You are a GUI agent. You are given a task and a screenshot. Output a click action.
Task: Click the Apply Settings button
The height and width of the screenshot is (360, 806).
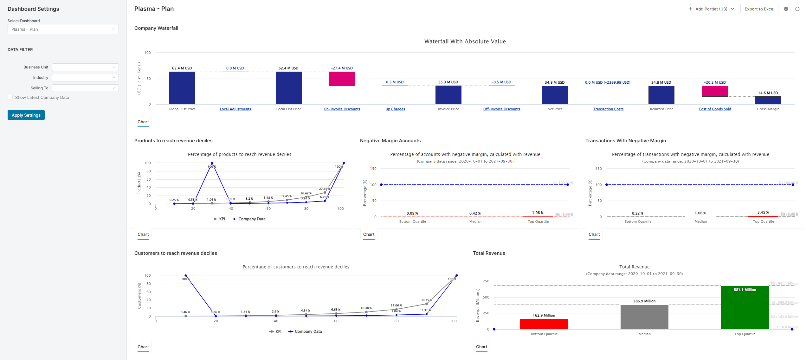coord(26,115)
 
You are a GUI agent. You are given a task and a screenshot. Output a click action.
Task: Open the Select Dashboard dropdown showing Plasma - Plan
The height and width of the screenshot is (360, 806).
coord(63,29)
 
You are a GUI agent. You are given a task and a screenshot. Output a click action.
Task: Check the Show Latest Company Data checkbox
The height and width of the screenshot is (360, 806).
coord(10,98)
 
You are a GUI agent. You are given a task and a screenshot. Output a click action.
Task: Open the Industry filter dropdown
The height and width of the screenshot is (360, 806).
coord(85,78)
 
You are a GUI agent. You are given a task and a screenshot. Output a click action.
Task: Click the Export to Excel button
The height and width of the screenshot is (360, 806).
coord(759,9)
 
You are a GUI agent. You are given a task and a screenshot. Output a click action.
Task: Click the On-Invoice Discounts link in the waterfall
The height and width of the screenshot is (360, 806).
coord(342,109)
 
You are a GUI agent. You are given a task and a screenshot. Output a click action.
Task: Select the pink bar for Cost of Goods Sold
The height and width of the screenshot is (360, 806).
coord(715,91)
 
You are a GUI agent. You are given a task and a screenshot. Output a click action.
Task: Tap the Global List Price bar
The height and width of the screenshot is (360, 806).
coord(182,88)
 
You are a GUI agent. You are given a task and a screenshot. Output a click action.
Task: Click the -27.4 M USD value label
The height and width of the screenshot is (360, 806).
coord(342,68)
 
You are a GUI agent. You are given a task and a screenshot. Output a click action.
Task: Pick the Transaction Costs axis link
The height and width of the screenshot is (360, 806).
coord(608,109)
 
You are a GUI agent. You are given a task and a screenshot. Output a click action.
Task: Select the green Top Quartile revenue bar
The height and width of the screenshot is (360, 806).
coord(745,307)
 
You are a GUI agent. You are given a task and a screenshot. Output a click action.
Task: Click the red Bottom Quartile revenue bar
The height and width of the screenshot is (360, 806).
coord(544,324)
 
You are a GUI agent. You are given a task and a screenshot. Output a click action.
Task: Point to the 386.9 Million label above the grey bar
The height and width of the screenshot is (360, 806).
coord(644,301)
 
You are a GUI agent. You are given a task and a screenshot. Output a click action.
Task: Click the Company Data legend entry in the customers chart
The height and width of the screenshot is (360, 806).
coord(305,331)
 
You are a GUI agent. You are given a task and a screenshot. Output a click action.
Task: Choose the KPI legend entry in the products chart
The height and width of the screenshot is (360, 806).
coord(219,219)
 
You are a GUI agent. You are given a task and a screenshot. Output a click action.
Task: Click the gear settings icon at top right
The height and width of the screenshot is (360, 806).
coord(786,9)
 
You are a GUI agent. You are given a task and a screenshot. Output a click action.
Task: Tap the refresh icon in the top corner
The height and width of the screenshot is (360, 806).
coord(797,9)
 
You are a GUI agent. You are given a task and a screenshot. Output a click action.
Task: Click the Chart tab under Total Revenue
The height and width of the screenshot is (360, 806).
coord(481,347)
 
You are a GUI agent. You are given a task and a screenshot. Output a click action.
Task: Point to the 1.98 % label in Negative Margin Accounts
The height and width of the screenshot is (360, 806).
coord(538,213)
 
